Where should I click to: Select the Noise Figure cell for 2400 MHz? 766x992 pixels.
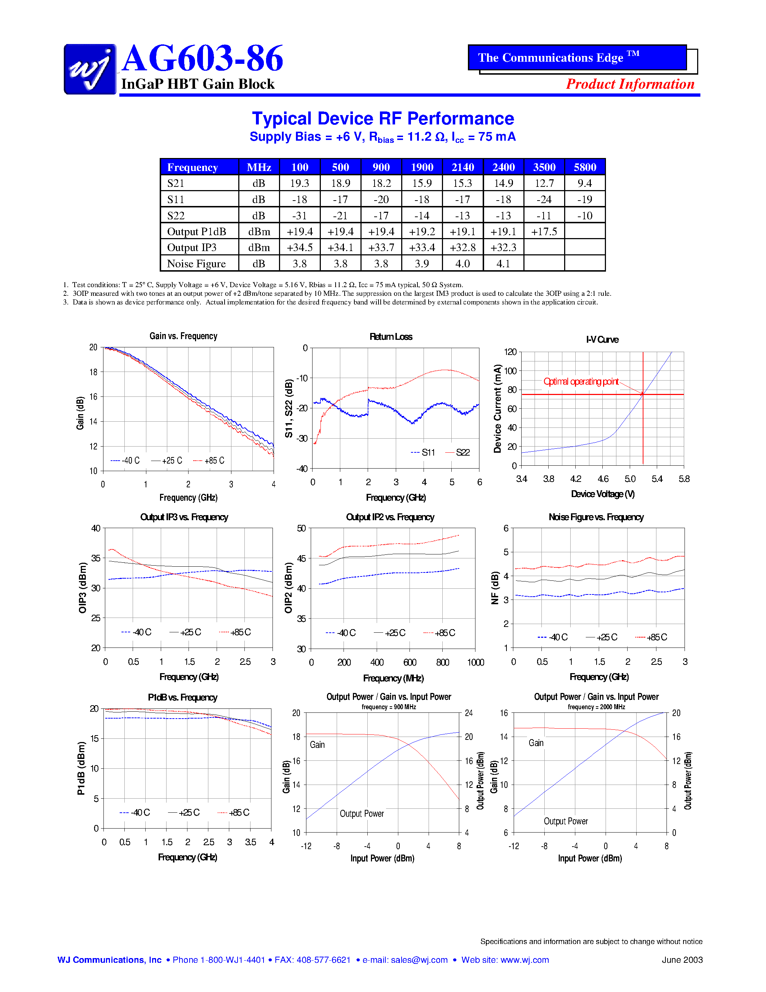tap(503, 263)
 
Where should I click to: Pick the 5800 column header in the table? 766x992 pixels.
tap(585, 167)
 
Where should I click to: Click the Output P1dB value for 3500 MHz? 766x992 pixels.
tap(544, 232)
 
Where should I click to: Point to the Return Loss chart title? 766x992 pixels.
tap(391, 337)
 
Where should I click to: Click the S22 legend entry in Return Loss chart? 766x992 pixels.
tap(458, 452)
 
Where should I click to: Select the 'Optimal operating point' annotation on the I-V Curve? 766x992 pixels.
tap(581, 382)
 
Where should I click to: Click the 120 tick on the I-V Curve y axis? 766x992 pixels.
tap(510, 352)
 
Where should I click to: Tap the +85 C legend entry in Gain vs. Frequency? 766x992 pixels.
tap(209, 461)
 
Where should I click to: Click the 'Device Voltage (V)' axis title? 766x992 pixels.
tap(603, 494)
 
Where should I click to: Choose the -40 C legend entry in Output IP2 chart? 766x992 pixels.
tap(341, 633)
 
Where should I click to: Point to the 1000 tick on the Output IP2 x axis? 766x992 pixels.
tap(475, 662)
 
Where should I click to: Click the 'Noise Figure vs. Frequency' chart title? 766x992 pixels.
tap(596, 517)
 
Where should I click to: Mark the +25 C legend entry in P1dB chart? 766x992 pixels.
tap(184, 813)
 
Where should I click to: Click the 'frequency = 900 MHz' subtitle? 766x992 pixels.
tap(389, 707)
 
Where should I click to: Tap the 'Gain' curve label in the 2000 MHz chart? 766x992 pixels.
tap(536, 743)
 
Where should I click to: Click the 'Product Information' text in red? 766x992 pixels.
tap(630, 84)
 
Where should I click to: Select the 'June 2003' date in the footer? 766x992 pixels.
tap(682, 960)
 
